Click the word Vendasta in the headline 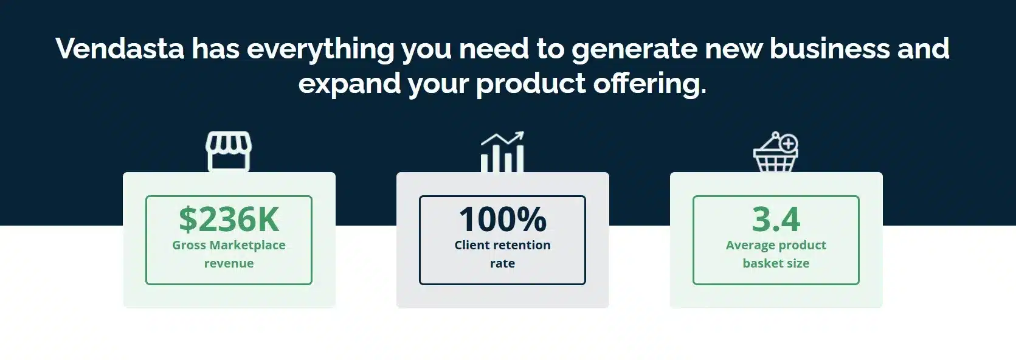point(120,48)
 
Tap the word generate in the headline point(634,49)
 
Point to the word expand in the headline point(349,85)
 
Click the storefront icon point(229,151)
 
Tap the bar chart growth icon point(503,152)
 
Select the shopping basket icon point(776,152)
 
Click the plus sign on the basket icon point(789,144)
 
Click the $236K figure point(229,220)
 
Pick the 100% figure point(503,220)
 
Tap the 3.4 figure point(776,220)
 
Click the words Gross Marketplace point(229,245)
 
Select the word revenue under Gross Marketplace point(229,263)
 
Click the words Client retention point(503,245)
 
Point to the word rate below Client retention point(503,263)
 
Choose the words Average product point(776,245)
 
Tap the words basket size point(776,263)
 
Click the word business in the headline point(829,48)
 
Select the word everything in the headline point(320,49)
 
